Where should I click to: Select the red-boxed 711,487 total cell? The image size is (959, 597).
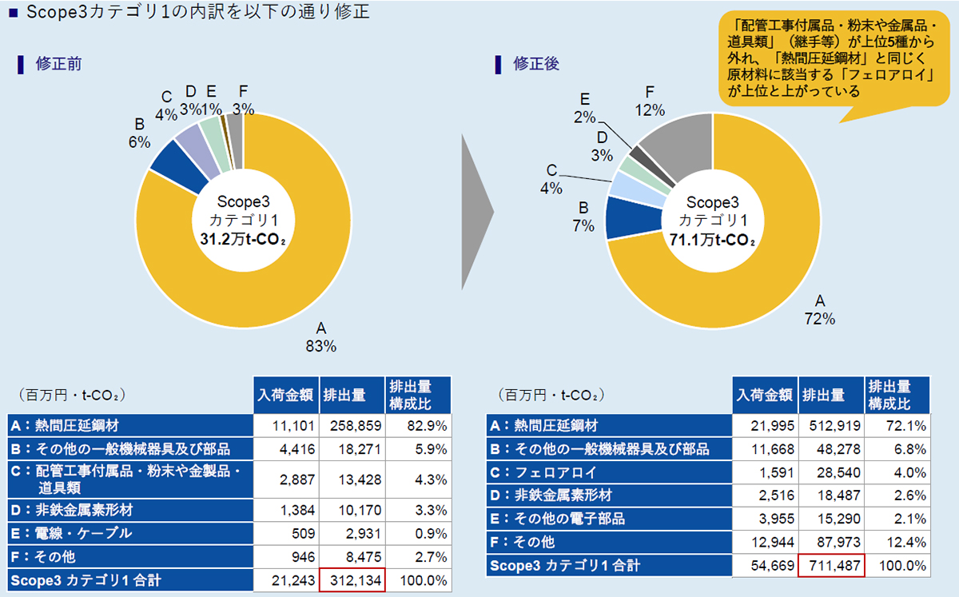(831, 566)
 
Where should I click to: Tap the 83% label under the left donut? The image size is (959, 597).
(321, 347)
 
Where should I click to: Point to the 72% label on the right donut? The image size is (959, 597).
(819, 319)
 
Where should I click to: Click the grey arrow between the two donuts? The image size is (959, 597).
(477, 210)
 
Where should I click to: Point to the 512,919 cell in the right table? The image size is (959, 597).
(831, 426)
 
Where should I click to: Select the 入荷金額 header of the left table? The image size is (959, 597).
(286, 395)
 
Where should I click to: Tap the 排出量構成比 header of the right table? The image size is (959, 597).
(897, 395)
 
